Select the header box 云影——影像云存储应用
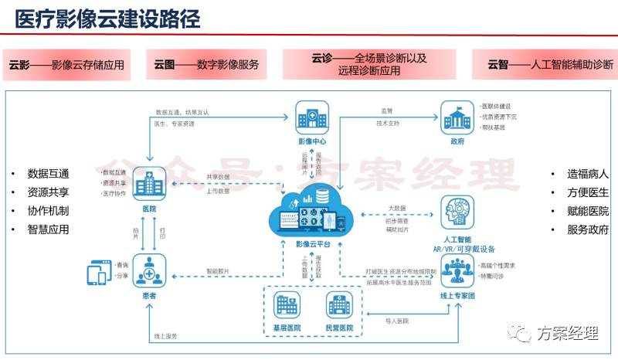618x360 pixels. [x=67, y=64]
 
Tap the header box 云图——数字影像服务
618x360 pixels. [x=206, y=64]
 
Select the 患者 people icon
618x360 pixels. [x=149, y=271]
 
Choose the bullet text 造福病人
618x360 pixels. [x=588, y=173]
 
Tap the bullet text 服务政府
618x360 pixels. [x=588, y=229]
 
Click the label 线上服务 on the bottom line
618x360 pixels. [x=166, y=336]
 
